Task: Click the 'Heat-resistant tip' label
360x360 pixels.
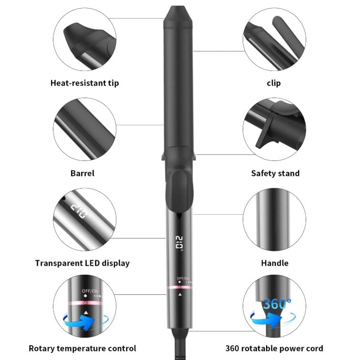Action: (x=84, y=83)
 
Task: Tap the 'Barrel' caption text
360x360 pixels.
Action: (x=82, y=173)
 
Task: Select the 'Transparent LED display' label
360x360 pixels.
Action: (x=82, y=263)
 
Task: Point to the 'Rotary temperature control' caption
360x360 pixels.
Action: (x=82, y=348)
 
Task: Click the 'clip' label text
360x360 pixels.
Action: (x=274, y=83)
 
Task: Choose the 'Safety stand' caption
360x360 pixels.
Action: (x=275, y=173)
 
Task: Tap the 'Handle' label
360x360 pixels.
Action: (x=275, y=263)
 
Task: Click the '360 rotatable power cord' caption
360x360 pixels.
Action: (x=274, y=348)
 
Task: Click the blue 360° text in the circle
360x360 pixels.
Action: (x=277, y=304)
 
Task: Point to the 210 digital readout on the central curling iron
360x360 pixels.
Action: (x=179, y=243)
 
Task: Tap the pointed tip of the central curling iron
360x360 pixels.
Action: (x=178, y=7)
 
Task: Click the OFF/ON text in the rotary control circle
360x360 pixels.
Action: (x=90, y=291)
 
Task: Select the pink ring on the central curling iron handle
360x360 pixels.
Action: (x=179, y=287)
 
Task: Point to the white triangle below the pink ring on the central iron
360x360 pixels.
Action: (x=180, y=295)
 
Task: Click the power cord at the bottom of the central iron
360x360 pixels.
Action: (x=180, y=344)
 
